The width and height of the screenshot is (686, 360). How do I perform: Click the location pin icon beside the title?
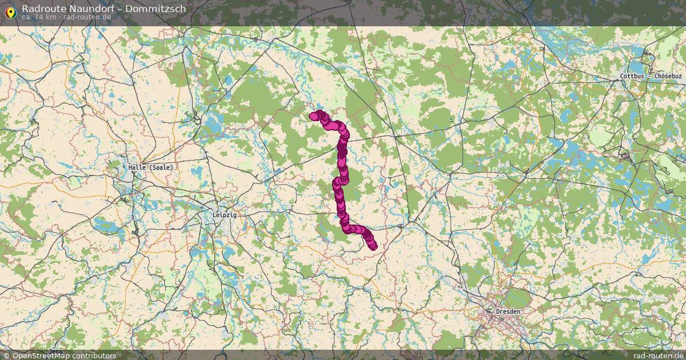click(x=10, y=11)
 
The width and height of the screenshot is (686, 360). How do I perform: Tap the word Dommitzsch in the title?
click(x=158, y=9)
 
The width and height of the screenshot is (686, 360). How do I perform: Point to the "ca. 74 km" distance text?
click(x=39, y=17)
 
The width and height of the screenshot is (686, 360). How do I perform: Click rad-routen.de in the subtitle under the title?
click(x=86, y=17)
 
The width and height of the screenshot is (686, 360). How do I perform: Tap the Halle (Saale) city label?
click(x=150, y=167)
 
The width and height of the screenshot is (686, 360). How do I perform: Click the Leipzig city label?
click(x=224, y=215)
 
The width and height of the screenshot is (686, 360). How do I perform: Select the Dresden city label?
click(x=508, y=311)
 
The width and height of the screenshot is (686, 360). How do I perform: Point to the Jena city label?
click(x=55, y=351)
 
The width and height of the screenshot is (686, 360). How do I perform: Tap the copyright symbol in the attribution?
click(x=6, y=355)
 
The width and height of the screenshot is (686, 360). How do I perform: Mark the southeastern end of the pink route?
click(x=373, y=246)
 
